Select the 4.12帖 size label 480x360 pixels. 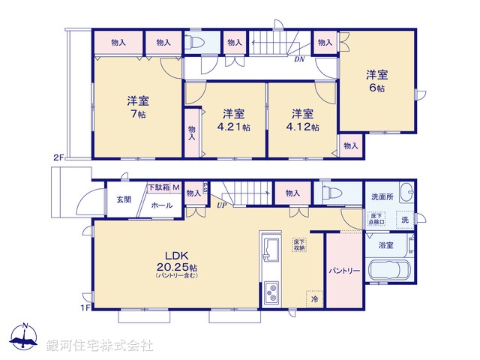[x=303, y=127]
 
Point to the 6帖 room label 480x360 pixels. [x=376, y=88]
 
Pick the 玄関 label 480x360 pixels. [x=123, y=199]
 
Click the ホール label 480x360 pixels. [x=162, y=204]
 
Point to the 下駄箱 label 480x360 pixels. [x=158, y=187]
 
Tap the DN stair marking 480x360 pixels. [x=298, y=58]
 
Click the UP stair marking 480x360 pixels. [x=222, y=205]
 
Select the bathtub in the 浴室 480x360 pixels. [x=388, y=271]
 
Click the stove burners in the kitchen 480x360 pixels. [x=271, y=290]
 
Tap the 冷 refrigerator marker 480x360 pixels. [x=315, y=298]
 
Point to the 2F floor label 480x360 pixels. [x=58, y=157]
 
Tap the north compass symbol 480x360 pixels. [x=25, y=337]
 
